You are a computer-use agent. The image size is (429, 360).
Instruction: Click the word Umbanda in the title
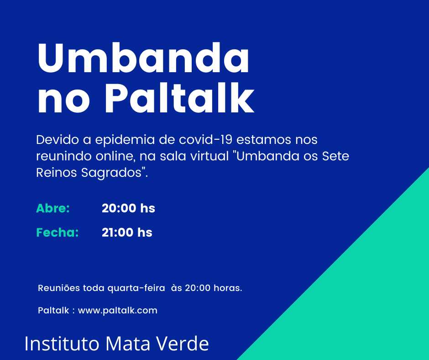point(143,58)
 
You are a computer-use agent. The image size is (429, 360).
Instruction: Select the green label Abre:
point(53,208)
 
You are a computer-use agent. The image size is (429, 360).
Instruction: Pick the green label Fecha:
point(58,233)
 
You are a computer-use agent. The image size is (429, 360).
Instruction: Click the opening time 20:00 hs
point(128,208)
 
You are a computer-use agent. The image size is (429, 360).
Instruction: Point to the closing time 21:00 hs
point(127,233)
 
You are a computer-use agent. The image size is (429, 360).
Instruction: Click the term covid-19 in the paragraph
point(205,139)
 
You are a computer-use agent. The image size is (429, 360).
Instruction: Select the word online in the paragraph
point(116,156)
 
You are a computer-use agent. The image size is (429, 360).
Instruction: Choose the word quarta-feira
point(136,288)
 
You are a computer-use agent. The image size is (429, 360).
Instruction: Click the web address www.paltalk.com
point(118,311)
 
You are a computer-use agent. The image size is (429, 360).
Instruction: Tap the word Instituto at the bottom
point(62,343)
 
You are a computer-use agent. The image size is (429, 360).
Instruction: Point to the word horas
point(228,288)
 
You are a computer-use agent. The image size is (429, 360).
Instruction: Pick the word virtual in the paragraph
point(209,156)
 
